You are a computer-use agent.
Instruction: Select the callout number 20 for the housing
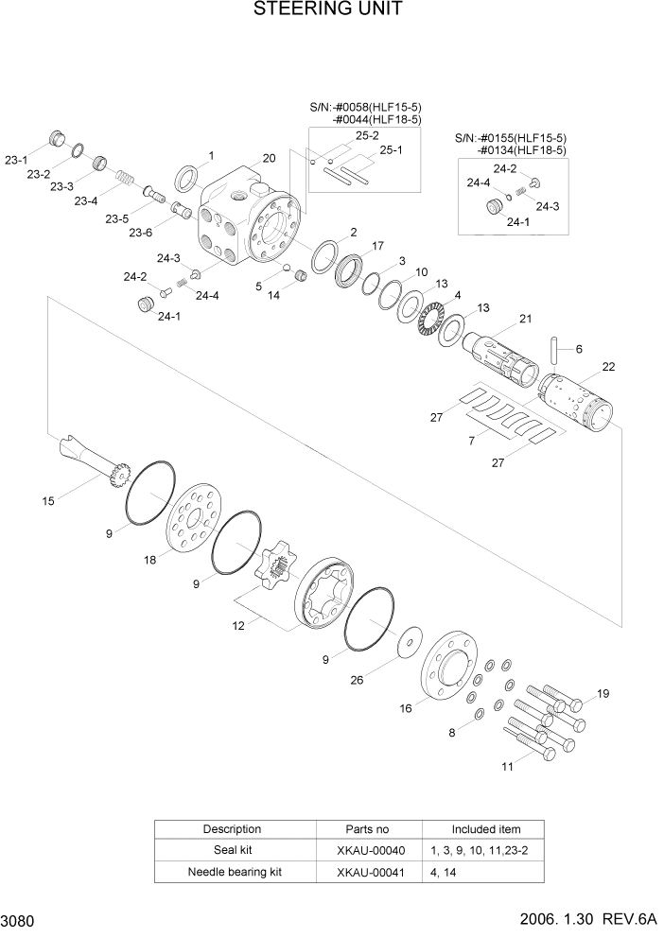point(269,158)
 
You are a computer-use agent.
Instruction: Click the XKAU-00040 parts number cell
point(368,850)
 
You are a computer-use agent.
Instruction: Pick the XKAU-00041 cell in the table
point(368,872)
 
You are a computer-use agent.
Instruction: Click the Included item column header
point(485,829)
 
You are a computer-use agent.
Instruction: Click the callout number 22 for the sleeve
point(608,367)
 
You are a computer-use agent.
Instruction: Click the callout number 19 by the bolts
point(603,695)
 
